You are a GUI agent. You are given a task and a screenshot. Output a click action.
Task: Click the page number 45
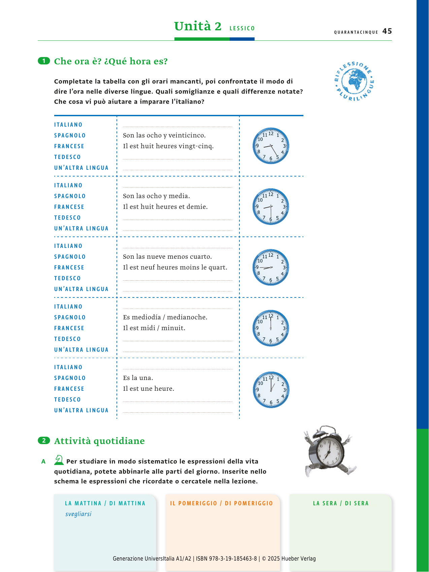(x=387, y=31)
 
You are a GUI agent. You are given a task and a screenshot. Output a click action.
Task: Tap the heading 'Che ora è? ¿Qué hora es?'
(x=111, y=61)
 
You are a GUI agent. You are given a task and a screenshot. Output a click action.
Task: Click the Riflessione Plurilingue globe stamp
(x=354, y=81)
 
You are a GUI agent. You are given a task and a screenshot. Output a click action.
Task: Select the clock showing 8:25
(x=271, y=146)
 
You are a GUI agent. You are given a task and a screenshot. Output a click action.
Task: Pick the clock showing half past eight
(x=271, y=206)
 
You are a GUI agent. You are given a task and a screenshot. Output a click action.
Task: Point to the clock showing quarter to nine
(x=271, y=267)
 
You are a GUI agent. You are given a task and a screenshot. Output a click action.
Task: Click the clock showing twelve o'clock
(x=271, y=328)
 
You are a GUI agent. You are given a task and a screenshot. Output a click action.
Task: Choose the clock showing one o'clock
(x=271, y=390)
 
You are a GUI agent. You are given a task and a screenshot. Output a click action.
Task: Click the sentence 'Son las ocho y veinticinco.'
(x=164, y=135)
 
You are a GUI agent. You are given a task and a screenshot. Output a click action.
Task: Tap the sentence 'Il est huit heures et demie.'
(x=165, y=207)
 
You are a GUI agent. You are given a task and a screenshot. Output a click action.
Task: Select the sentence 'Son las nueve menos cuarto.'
(x=167, y=257)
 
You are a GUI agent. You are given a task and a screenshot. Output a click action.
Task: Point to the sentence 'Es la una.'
(x=138, y=378)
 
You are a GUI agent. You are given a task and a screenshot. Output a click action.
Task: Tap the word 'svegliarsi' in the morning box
(x=78, y=514)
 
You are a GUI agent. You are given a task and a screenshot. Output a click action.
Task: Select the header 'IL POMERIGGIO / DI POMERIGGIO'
(x=222, y=503)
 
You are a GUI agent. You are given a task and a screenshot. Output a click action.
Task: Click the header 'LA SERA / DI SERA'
(x=341, y=503)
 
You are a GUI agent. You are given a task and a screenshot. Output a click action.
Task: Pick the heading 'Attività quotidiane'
(x=99, y=441)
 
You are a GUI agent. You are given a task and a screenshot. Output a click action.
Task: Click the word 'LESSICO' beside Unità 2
(x=242, y=28)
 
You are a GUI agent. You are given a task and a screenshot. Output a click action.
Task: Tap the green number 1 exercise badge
(x=44, y=61)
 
